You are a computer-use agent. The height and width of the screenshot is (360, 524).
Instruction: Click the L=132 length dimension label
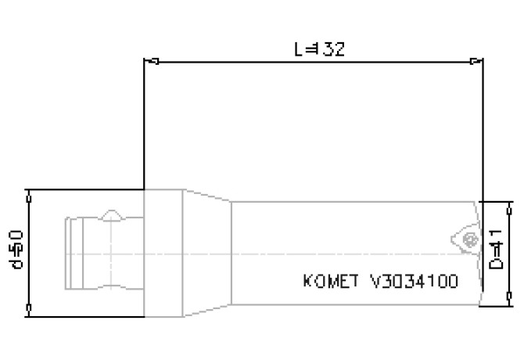point(319,49)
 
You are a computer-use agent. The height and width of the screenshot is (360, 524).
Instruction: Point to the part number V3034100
point(413,281)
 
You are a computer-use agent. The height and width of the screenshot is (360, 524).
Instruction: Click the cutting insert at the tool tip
point(468,237)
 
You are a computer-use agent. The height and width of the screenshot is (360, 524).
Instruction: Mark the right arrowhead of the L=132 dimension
point(474,60)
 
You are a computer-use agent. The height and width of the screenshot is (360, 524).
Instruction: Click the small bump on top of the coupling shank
point(112,213)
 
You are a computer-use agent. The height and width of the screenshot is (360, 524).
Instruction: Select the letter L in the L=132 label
point(299,49)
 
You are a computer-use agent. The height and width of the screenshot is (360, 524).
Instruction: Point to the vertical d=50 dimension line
point(29,266)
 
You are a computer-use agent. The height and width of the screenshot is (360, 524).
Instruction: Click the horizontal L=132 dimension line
point(235,60)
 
